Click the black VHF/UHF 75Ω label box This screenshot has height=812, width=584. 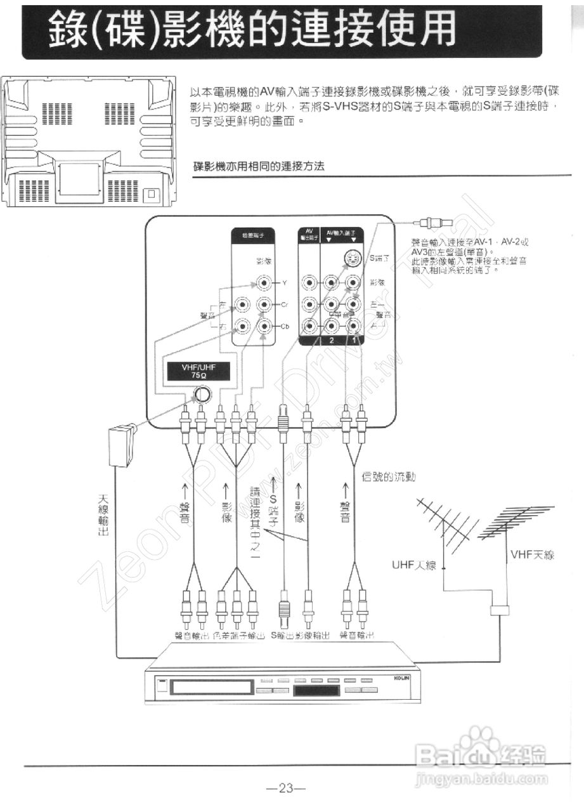tap(198, 371)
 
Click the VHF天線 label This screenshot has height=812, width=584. tap(532, 555)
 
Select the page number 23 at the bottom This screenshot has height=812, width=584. tap(287, 789)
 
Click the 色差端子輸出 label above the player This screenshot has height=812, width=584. tap(238, 635)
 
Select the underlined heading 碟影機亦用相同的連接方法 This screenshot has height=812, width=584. tap(259, 167)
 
